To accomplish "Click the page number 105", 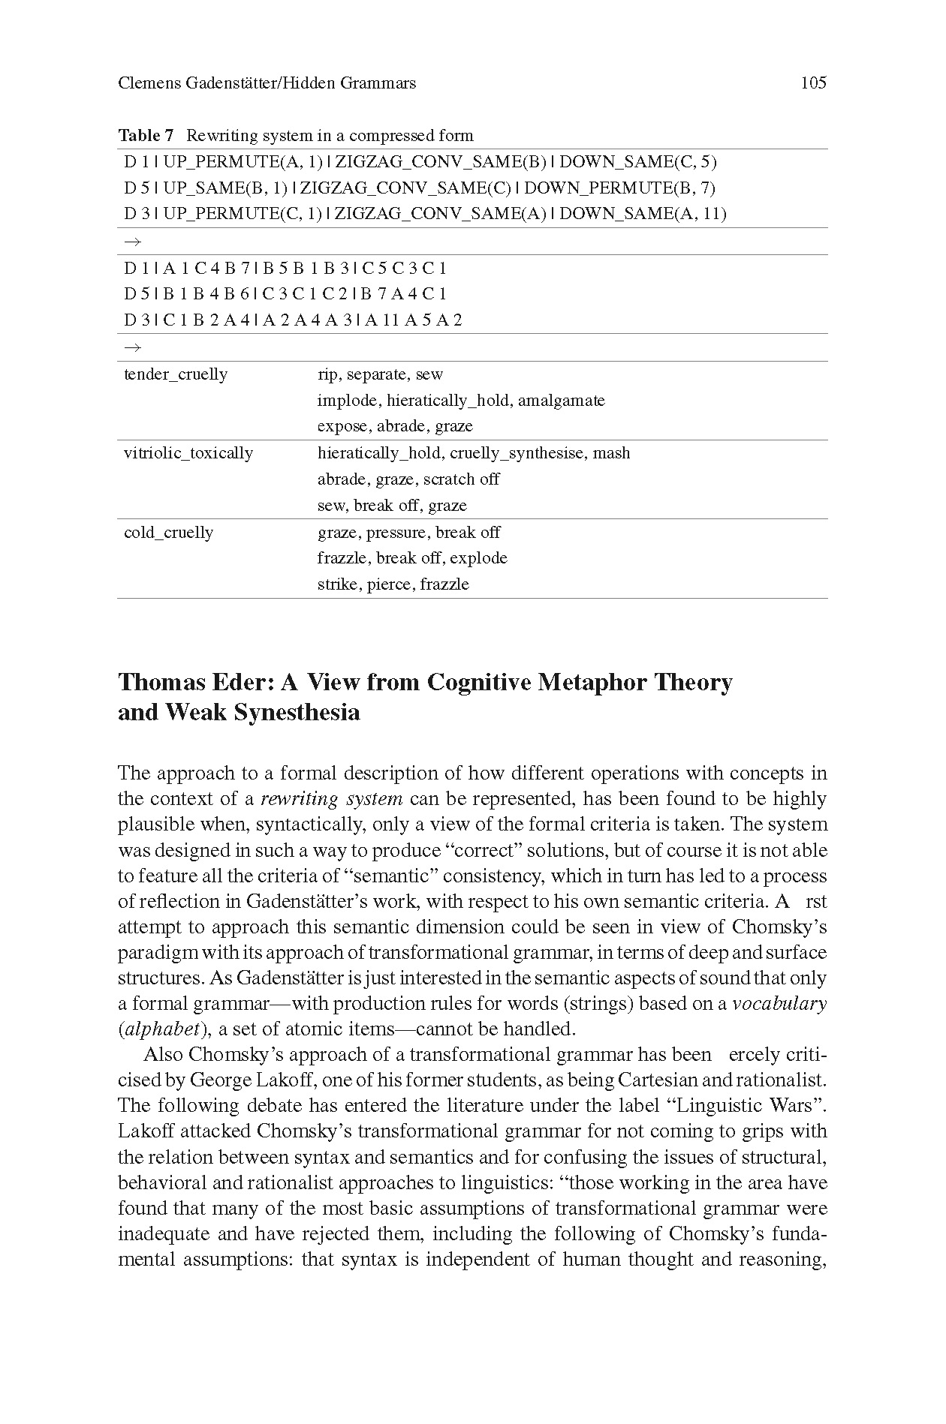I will (x=813, y=83).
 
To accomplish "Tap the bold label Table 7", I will (x=146, y=136).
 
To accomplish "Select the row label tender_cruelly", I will (x=176, y=374).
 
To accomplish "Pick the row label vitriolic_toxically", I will (x=188, y=453).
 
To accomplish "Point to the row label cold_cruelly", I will (x=169, y=533).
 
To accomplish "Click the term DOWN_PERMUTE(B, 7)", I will (x=638, y=188).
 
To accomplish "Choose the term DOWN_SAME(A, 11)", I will (x=643, y=214).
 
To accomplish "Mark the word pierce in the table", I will (x=390, y=584).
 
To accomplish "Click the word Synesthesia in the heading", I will (x=297, y=712).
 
